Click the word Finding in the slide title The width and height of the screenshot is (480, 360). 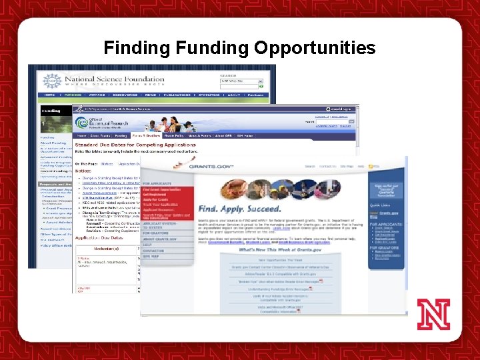(137, 48)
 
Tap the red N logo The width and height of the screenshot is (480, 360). (433, 314)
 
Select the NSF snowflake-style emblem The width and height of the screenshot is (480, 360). (51, 81)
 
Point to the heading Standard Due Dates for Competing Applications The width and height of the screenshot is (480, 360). (135, 145)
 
